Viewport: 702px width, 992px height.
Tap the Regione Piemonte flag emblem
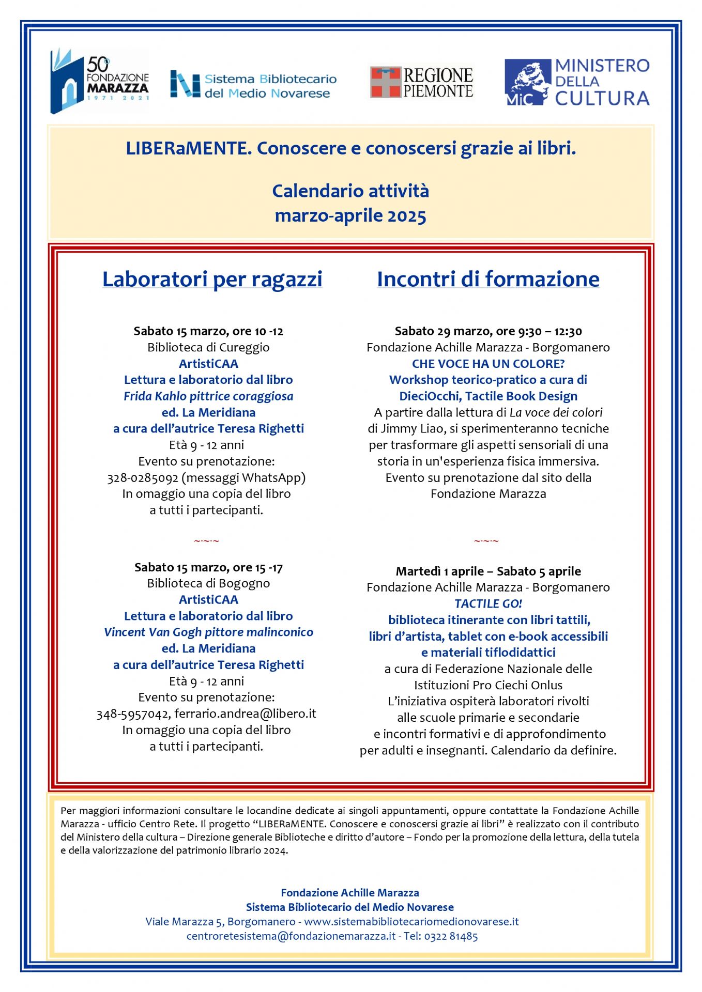coord(385,82)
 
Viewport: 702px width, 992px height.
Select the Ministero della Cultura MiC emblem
coord(527,82)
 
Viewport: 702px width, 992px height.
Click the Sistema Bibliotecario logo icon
coord(185,84)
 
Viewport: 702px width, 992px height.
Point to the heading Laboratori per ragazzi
coord(212,279)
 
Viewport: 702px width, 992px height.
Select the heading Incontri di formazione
coord(488,279)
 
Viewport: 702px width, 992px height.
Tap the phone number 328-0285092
coord(143,478)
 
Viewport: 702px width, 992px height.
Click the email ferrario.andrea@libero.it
coord(245,714)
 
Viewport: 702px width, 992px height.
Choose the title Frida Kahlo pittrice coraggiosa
coord(208,396)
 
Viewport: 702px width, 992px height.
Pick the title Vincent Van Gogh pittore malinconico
coord(208,632)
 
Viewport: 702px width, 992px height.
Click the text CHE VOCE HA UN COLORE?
coord(488,364)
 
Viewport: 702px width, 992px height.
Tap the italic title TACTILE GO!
coord(488,603)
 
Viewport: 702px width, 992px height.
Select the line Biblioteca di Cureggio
coord(208,347)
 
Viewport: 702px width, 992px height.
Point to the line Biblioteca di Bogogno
coord(208,583)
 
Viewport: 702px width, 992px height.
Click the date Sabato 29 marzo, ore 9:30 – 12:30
coord(488,331)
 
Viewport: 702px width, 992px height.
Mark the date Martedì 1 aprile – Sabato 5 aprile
coord(488,571)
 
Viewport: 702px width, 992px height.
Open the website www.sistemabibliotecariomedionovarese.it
coord(411,922)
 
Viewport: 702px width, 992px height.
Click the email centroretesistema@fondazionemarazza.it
coord(291,936)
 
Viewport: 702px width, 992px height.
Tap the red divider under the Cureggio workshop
coord(206,541)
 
